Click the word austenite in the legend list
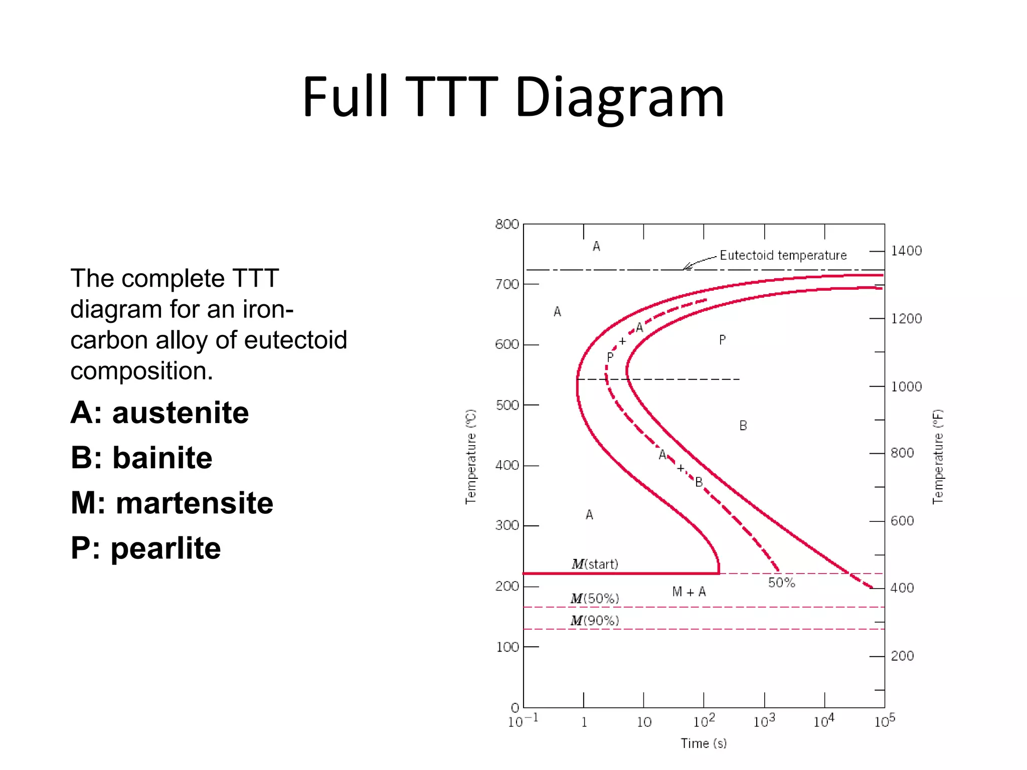pos(181,413)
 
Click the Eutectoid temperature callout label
pos(783,255)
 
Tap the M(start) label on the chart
pos(595,564)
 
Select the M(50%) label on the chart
pos(595,599)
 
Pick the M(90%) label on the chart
pos(595,621)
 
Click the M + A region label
pos(689,592)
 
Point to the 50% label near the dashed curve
pos(781,583)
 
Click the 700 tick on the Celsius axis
pos(507,284)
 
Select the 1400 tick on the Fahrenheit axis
pos(906,251)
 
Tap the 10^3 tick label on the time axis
pos(764,721)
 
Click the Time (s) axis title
pos(704,743)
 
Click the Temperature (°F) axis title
pos(938,456)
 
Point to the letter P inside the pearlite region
pos(722,340)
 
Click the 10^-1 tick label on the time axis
pos(523,721)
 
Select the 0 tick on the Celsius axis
pos(515,707)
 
